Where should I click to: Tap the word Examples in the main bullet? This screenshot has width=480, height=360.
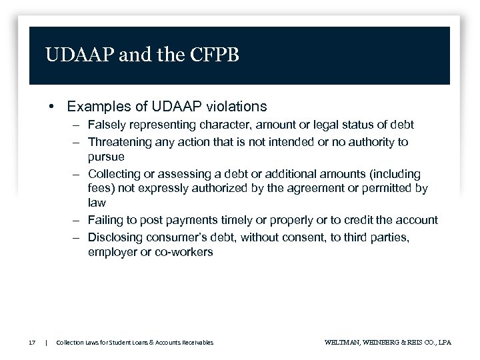pyautogui.click(x=96, y=106)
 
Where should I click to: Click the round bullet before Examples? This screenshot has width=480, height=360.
pyautogui.click(x=51, y=107)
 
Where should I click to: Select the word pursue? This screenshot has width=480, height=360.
pyautogui.click(x=106, y=157)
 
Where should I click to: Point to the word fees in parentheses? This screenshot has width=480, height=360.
pyautogui.click(x=99, y=189)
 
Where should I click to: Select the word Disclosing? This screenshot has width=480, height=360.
pyautogui.click(x=115, y=237)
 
